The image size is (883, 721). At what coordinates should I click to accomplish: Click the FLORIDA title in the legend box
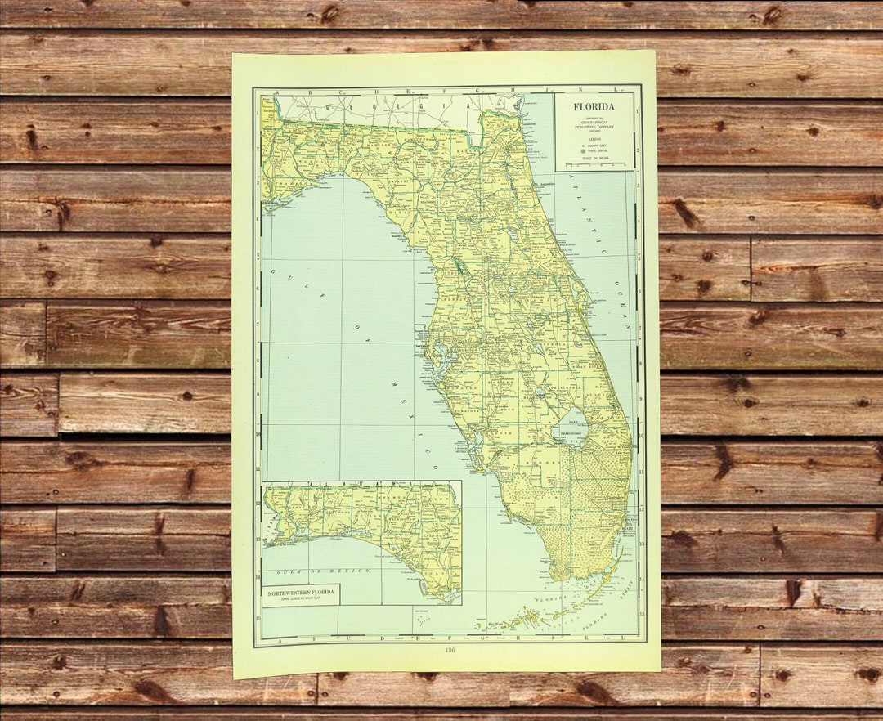pos(594,106)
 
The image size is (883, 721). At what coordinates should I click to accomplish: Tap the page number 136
pos(449,650)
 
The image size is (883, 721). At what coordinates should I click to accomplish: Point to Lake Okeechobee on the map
pos(571,428)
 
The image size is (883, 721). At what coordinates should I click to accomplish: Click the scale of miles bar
pos(594,165)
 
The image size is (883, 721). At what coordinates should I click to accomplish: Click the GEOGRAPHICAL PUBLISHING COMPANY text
pos(594,128)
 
